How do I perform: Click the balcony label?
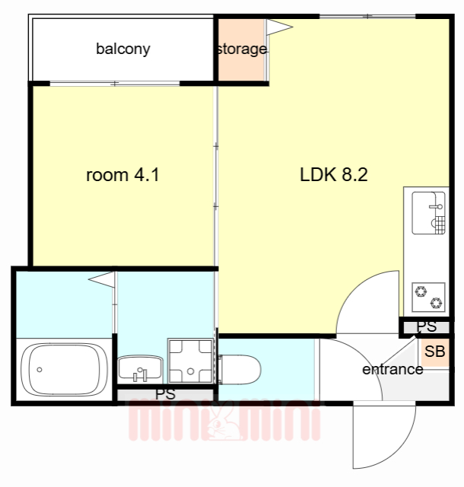tap(123, 49)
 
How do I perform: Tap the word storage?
tap(242, 49)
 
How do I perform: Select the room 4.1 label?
tap(122, 175)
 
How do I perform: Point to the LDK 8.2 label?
tap(334, 174)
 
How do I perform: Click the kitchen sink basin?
tap(428, 213)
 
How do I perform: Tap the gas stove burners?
tap(428, 298)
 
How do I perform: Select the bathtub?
tap(65, 369)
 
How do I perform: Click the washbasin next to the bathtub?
tap(140, 368)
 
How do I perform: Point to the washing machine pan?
tap(190, 361)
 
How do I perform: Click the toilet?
tap(240, 370)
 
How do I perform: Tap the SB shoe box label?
tap(434, 352)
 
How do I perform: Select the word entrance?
tap(392, 369)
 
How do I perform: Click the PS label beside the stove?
tap(427, 326)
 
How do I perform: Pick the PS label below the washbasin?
tap(166, 394)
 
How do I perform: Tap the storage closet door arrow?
tap(279, 27)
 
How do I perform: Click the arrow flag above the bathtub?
tap(102, 279)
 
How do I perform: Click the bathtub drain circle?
tap(40, 370)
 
